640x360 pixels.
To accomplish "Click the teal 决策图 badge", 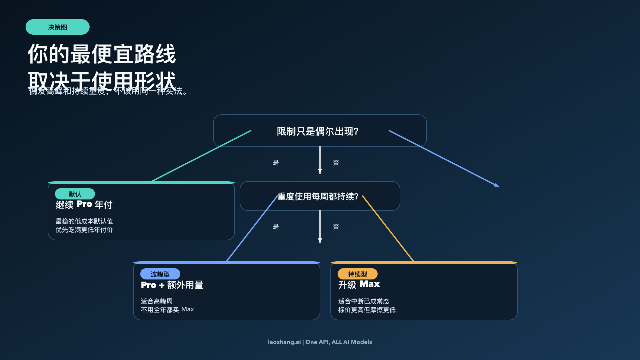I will click(57, 27).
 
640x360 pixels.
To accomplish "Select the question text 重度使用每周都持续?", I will click(318, 197).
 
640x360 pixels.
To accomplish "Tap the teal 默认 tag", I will click(75, 194).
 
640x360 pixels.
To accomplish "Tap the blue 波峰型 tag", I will click(160, 274).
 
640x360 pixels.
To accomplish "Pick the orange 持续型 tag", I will click(357, 274).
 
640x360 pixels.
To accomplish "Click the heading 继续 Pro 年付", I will click(84, 205).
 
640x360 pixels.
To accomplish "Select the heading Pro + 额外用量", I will click(172, 285).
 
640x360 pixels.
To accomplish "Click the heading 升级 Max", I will click(359, 284).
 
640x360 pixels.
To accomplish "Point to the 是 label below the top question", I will click(275, 163).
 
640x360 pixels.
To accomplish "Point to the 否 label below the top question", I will click(336, 163).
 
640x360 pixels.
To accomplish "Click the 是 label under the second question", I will click(275, 227).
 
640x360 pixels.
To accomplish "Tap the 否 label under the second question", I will click(336, 227).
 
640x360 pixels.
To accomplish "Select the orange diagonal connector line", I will click(388, 229).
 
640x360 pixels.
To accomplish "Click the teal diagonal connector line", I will click(201, 156).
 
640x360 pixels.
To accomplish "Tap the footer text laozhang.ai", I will click(284, 342).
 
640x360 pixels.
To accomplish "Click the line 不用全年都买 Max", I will click(167, 310).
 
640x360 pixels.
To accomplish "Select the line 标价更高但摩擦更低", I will click(367, 310).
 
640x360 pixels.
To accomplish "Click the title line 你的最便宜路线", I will click(102, 54).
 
